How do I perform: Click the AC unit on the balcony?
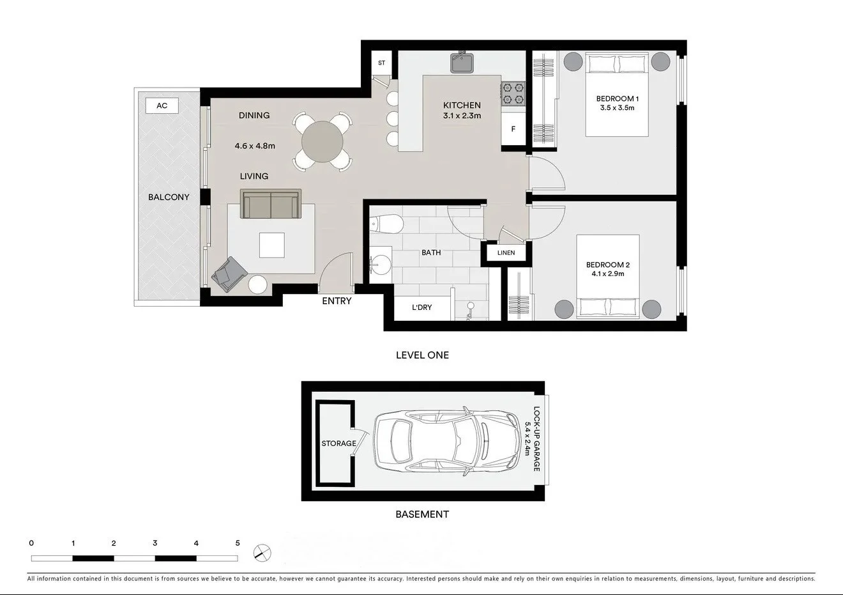(162, 105)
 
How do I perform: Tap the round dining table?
(323, 141)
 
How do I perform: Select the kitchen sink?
(462, 63)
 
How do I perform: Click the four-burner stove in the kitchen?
(513, 93)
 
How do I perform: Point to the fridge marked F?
(513, 129)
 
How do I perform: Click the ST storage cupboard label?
(381, 63)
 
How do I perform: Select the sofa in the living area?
(270, 204)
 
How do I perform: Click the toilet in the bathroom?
(387, 224)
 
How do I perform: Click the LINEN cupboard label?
(506, 252)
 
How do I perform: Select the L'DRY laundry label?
(421, 307)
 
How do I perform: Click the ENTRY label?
(337, 301)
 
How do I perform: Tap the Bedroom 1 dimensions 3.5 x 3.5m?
(617, 108)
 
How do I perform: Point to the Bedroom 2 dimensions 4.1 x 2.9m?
(608, 274)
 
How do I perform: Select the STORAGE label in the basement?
(338, 444)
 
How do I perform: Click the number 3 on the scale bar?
(155, 543)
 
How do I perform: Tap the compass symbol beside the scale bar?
(261, 552)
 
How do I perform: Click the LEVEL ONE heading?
(422, 355)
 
